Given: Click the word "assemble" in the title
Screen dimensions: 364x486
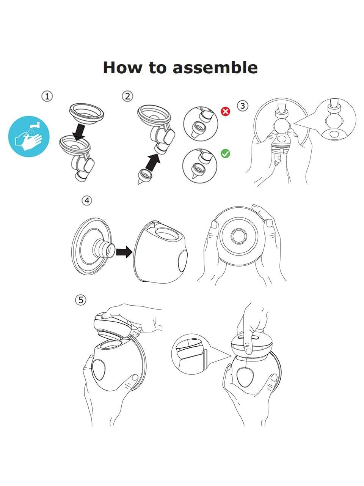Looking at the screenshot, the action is click(x=215, y=67).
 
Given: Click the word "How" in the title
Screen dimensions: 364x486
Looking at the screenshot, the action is click(x=122, y=67).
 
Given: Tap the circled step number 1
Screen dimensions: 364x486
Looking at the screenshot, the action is click(x=47, y=96).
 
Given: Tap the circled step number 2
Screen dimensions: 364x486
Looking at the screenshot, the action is click(x=127, y=96).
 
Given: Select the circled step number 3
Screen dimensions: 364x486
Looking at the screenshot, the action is click(x=243, y=106).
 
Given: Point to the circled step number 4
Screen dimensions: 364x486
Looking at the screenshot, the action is click(x=87, y=200).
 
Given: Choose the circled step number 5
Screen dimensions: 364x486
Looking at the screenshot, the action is click(x=81, y=300).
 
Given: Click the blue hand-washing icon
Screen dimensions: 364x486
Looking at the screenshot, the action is click(x=29, y=136).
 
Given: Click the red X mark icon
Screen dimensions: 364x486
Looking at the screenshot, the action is click(x=226, y=111).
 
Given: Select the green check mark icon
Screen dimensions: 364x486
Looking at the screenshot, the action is click(x=226, y=153).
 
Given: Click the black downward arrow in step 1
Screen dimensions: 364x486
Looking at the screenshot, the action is click(x=79, y=132).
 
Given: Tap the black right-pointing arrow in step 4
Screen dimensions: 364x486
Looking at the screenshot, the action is click(x=124, y=252).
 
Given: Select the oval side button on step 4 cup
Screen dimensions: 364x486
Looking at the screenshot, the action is click(x=182, y=261).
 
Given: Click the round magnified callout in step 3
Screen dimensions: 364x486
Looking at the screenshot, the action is click(x=335, y=120).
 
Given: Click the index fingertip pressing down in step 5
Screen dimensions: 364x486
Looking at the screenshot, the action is click(x=248, y=351).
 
